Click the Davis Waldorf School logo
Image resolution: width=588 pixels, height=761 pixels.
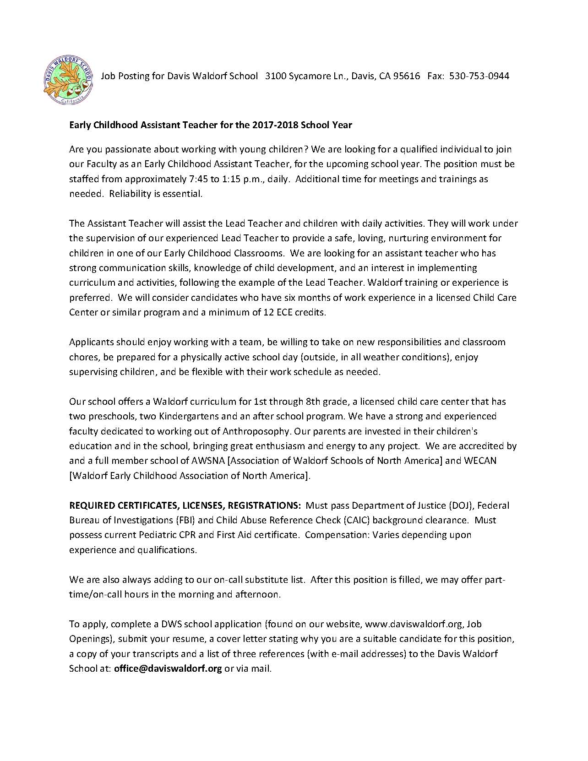pos(67,76)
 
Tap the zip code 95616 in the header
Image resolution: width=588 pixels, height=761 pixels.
pos(407,76)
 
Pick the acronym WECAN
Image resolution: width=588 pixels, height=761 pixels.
pos(480,461)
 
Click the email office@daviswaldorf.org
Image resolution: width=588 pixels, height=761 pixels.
pos(168,669)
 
